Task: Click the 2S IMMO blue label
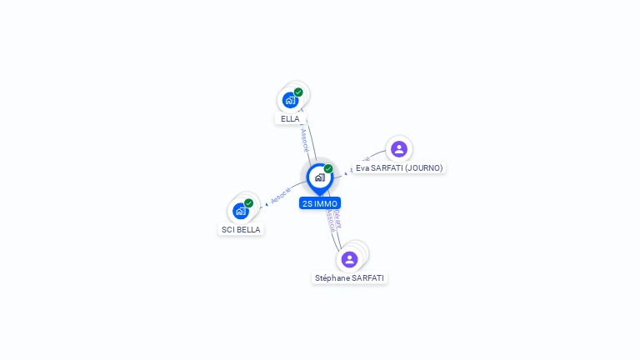coord(320,203)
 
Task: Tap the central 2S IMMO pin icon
coord(319,177)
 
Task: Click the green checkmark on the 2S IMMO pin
coord(328,169)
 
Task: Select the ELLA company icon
coord(289,100)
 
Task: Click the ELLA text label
coord(290,119)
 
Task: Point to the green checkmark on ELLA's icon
coord(298,92)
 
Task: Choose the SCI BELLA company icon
coord(240,211)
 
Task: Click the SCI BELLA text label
coord(241,230)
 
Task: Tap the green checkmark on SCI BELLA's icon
coord(248,203)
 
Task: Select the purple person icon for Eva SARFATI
coord(399,149)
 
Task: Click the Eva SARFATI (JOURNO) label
coord(399,168)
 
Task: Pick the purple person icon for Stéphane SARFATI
coord(350,259)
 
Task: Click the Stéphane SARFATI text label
coord(350,278)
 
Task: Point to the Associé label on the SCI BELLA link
coord(281,195)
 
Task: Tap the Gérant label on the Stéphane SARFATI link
coord(337,219)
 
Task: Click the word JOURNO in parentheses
coord(425,168)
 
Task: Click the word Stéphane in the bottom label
coord(332,278)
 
